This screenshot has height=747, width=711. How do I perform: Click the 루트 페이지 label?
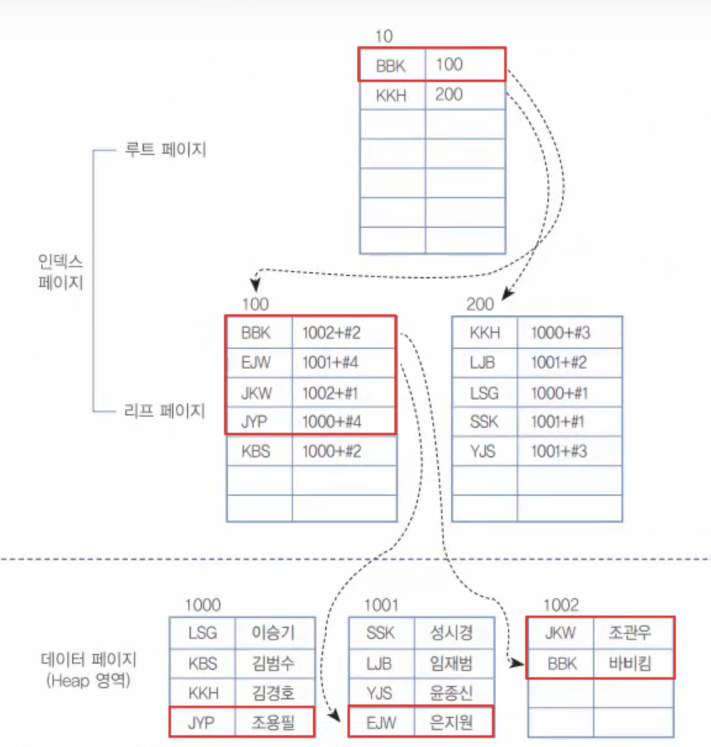pyautogui.click(x=165, y=149)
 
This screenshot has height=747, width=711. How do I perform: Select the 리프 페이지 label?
pyautogui.click(x=164, y=411)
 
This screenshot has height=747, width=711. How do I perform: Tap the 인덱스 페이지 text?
pyautogui.click(x=60, y=272)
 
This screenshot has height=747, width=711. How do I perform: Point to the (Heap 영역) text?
pyautogui.click(x=88, y=681)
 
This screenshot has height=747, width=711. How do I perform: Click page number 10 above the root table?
pyautogui.click(x=383, y=36)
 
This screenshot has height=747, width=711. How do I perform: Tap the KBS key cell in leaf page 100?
pyautogui.click(x=256, y=451)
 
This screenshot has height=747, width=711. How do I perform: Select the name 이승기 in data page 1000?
pyautogui.click(x=273, y=633)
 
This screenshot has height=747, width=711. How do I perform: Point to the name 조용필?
pyautogui.click(x=273, y=722)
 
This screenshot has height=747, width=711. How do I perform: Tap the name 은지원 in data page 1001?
pyautogui.click(x=451, y=722)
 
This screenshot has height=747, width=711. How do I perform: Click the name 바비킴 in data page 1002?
pyautogui.click(x=630, y=664)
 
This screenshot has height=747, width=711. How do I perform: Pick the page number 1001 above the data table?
pyautogui.click(x=381, y=606)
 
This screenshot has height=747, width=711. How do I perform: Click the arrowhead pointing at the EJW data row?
pyautogui.click(x=335, y=716)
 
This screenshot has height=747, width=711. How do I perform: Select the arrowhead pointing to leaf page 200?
pyautogui.click(x=507, y=294)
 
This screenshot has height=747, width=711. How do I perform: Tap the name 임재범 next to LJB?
pyautogui.click(x=451, y=664)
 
